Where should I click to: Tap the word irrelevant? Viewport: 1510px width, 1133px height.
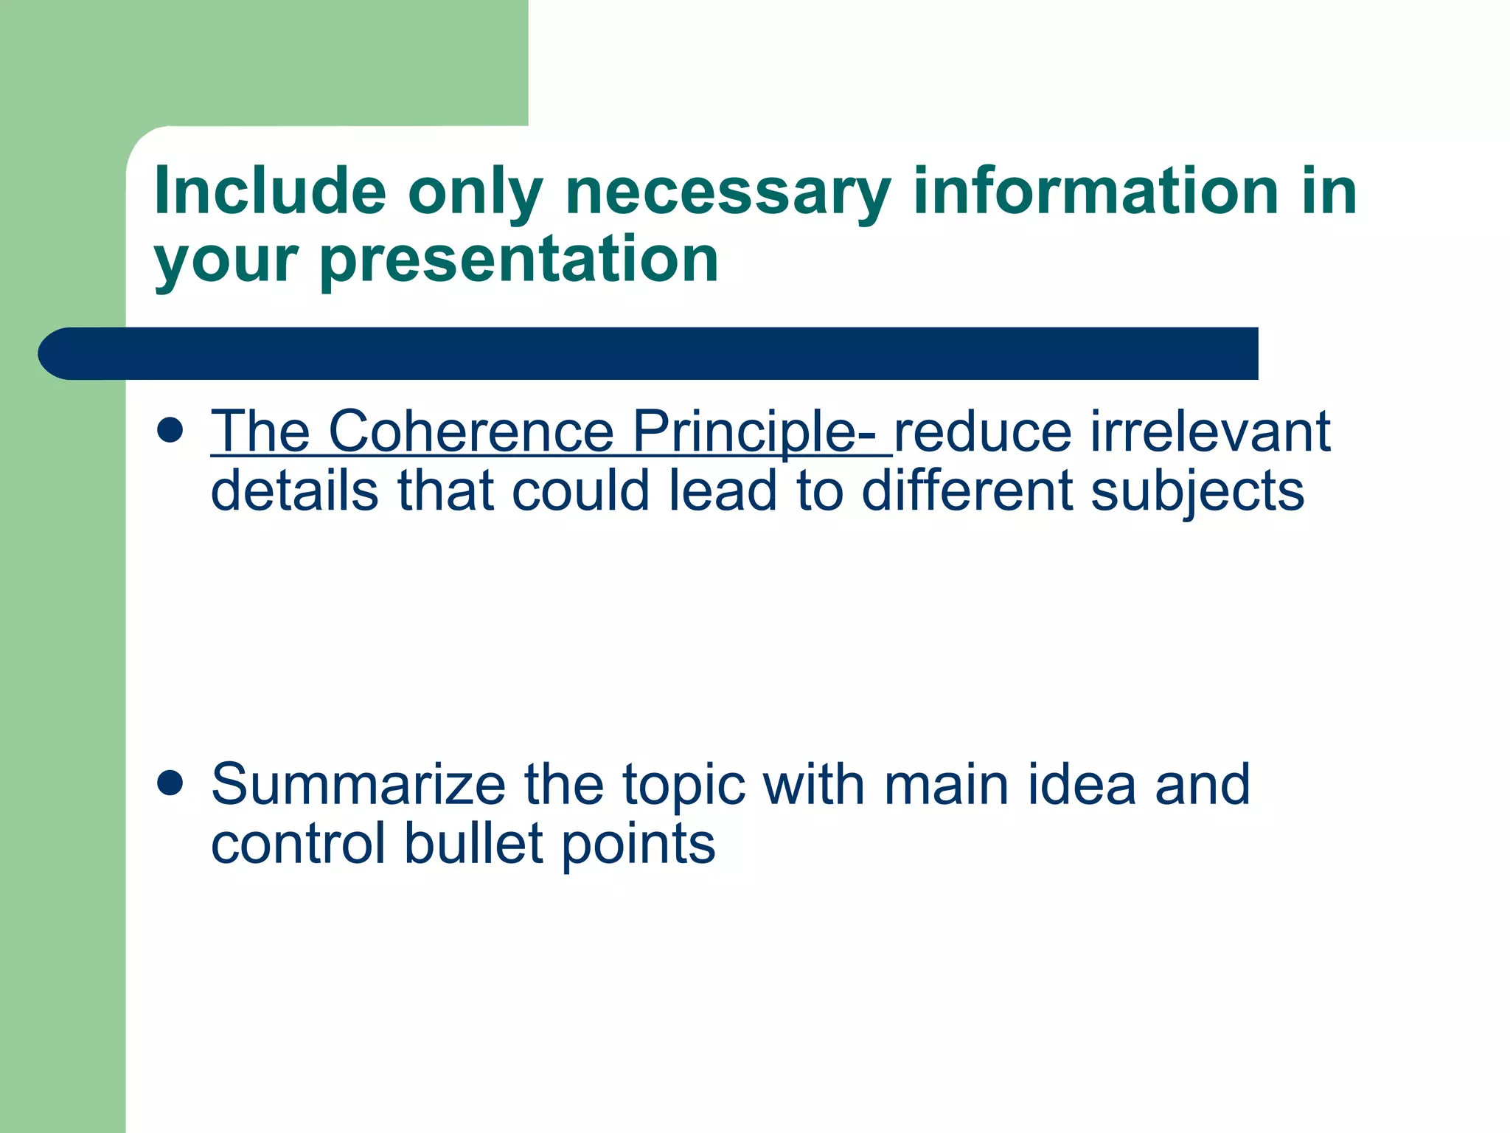click(x=1210, y=431)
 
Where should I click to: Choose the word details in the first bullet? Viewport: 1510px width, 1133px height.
click(x=295, y=491)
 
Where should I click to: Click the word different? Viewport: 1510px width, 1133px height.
click(x=967, y=491)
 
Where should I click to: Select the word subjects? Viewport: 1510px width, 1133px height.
click(x=1197, y=493)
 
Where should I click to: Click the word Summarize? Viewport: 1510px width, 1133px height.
click(x=358, y=784)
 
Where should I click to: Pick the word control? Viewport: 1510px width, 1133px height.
click(x=298, y=844)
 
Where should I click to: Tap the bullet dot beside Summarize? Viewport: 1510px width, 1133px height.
click(x=170, y=783)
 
